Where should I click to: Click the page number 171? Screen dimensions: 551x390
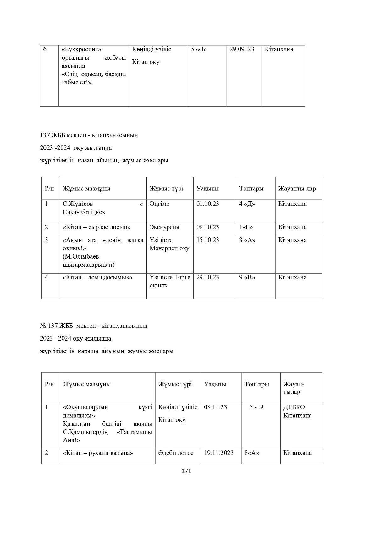186,471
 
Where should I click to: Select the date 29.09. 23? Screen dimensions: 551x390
242,49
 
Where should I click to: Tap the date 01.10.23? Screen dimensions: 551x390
208,204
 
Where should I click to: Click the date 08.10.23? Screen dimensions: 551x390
208,227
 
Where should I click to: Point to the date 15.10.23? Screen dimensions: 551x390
208,240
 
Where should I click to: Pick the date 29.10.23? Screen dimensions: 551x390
208,277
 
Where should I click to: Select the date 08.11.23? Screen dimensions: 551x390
215,407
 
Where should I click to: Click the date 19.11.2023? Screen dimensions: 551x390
219,453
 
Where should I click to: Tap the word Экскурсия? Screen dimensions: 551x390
164,227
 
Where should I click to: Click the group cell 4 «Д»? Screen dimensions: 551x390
247,204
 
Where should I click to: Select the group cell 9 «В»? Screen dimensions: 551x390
247,277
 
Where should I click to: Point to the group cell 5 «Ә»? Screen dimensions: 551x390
199,49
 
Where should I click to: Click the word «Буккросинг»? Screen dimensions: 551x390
81,49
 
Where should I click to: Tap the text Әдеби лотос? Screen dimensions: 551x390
176,453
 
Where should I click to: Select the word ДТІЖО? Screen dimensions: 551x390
294,407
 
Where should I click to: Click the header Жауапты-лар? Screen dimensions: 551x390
297,189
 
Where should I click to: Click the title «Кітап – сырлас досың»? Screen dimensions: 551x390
97,227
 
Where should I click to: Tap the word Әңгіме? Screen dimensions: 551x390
159,204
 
